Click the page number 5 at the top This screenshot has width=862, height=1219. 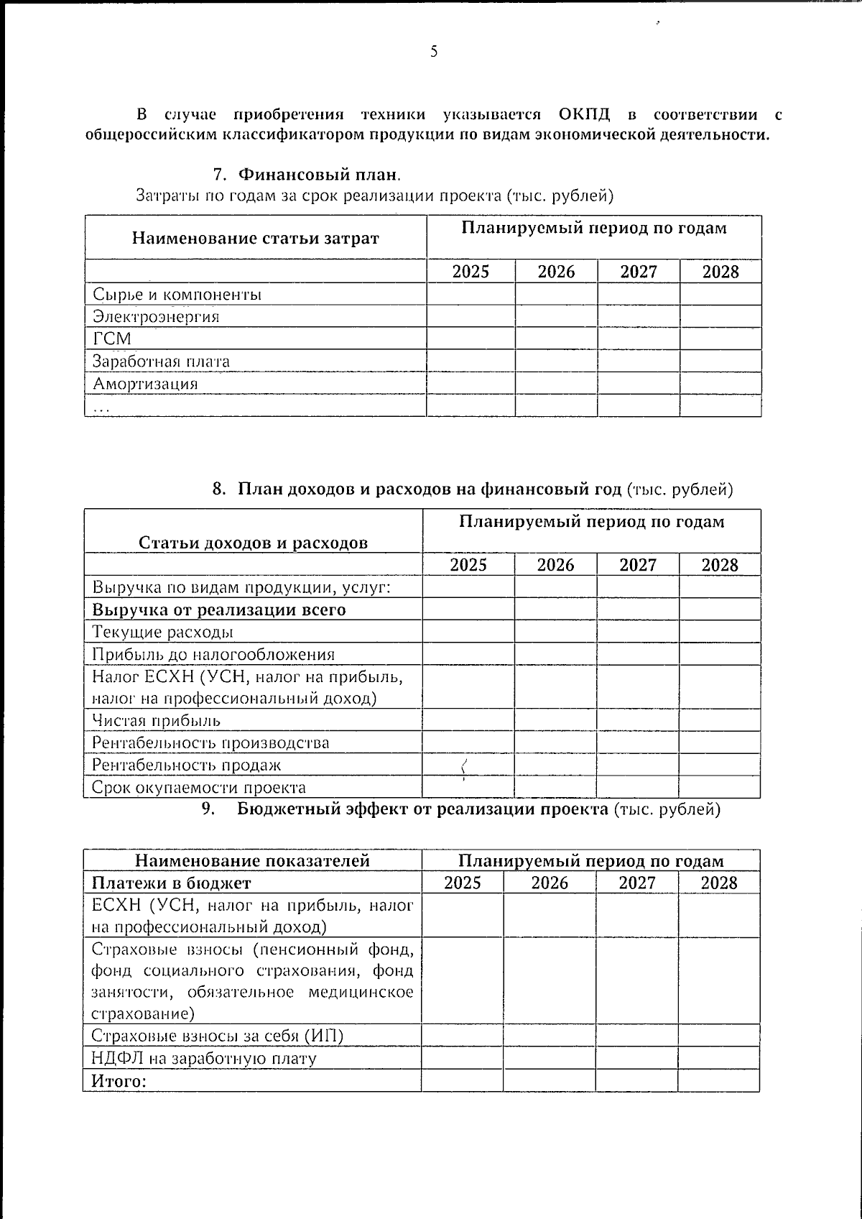pyautogui.click(x=433, y=51)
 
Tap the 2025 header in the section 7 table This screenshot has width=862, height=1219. pyautogui.click(x=471, y=271)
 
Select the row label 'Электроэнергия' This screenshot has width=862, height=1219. pyautogui.click(x=156, y=316)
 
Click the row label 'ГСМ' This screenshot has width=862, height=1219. pyautogui.click(x=112, y=339)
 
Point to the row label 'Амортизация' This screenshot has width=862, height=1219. pyautogui.click(x=145, y=383)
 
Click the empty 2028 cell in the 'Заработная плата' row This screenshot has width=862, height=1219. pyautogui.click(x=720, y=361)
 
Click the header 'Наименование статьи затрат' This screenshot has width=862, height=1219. pyautogui.click(x=255, y=238)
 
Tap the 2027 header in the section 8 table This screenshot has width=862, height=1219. pyautogui.click(x=638, y=564)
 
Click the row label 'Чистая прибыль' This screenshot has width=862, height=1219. pyautogui.click(x=156, y=720)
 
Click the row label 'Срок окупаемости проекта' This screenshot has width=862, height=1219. pyautogui.click(x=199, y=787)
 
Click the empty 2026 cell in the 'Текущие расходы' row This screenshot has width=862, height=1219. pyautogui.click(x=555, y=632)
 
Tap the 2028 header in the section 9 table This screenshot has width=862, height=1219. pyautogui.click(x=718, y=883)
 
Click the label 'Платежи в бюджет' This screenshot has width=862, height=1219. pyautogui.click(x=171, y=883)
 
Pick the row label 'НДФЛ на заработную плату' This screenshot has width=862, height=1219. pyautogui.click(x=204, y=1058)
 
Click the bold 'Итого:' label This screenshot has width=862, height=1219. pyautogui.click(x=118, y=1080)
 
